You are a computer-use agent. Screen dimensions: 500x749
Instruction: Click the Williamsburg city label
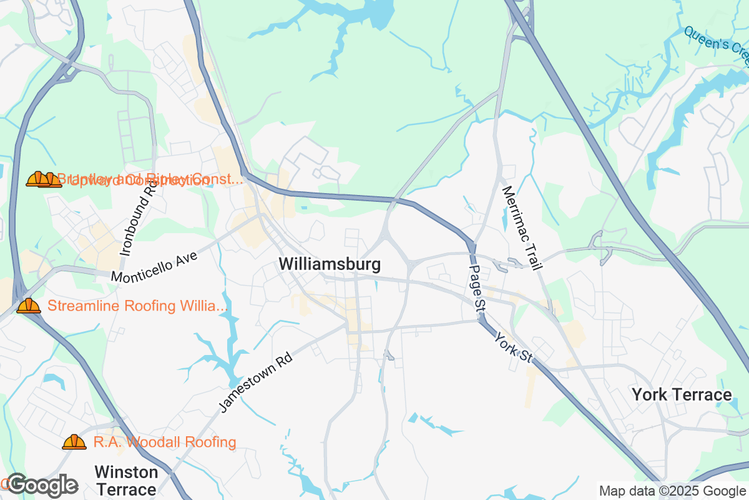point(330,264)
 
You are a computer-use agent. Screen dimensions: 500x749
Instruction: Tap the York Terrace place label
point(682,395)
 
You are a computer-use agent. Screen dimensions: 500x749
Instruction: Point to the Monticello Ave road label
point(154,266)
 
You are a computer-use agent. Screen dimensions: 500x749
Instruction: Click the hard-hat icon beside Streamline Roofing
point(29,306)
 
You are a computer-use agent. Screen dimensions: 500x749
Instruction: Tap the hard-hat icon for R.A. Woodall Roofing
point(74,442)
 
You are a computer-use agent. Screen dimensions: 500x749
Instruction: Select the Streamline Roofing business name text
point(138,306)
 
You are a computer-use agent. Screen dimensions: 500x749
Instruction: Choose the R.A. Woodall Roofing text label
point(165,442)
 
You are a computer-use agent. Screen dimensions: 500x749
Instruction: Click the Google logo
point(42,485)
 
